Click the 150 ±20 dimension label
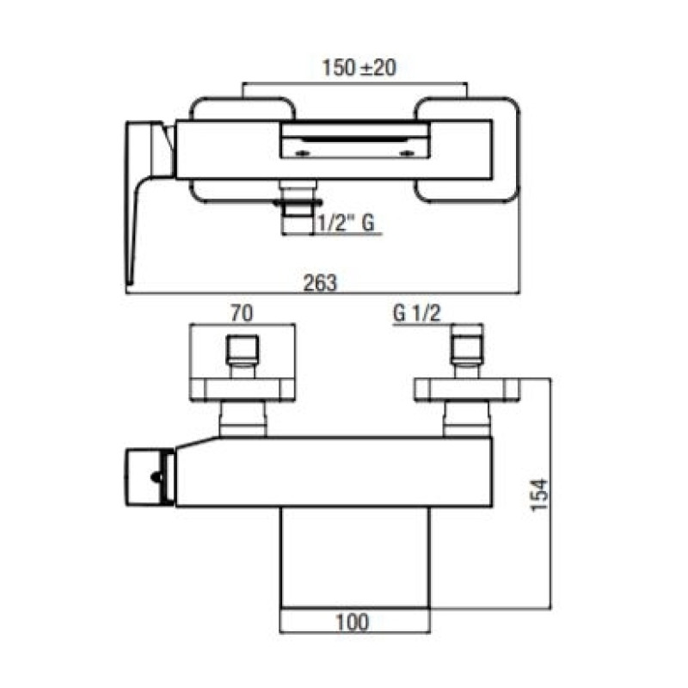359,68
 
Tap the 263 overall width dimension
320,282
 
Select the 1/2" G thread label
346,223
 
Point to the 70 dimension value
242,313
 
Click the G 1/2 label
417,313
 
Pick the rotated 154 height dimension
539,494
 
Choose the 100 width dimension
353,622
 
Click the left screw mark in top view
303,153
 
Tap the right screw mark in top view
407,153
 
